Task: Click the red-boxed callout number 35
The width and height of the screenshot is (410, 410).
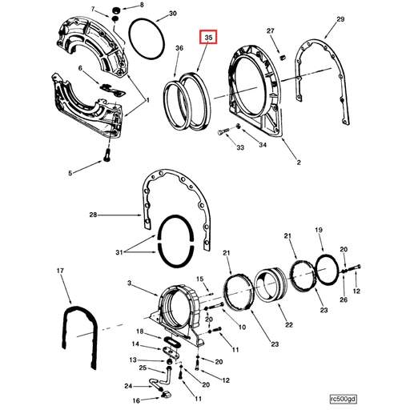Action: pos(208,38)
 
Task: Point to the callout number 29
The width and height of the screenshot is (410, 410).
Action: pos(340,18)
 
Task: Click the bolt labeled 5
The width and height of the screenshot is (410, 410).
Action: pos(70,172)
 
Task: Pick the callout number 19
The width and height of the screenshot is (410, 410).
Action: pos(319,230)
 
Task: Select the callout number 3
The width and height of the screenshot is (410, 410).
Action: pos(130,283)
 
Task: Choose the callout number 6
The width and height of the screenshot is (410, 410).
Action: pos(81,69)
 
